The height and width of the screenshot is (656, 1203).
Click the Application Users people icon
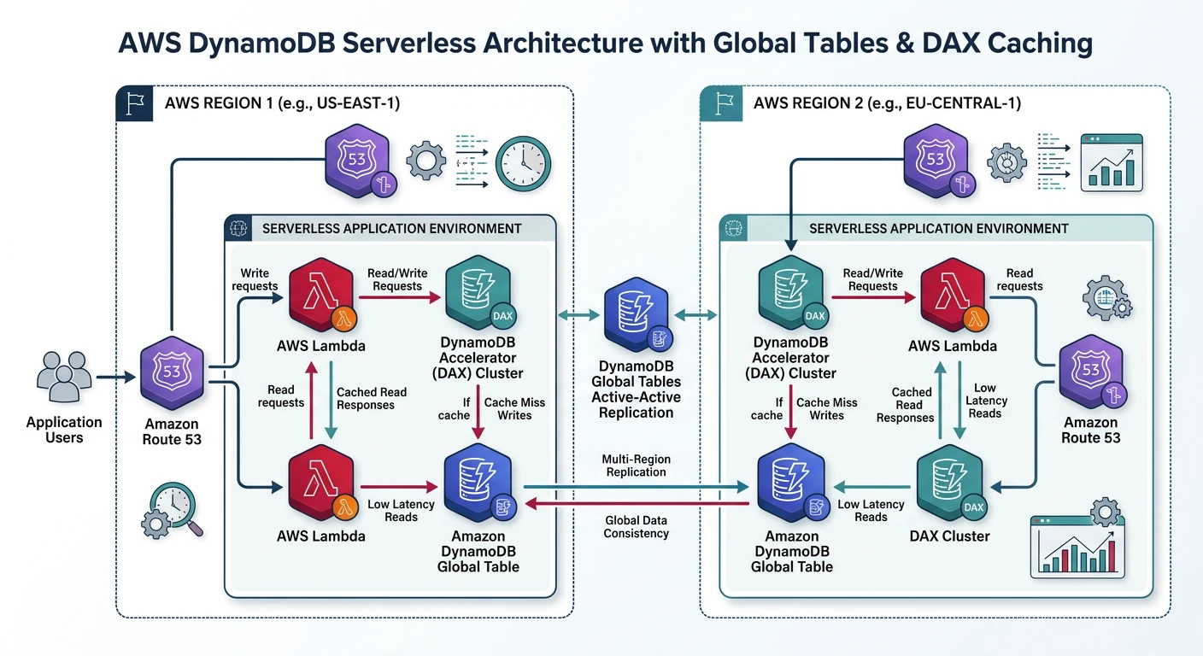click(64, 377)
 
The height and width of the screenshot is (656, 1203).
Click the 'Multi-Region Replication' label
click(634, 466)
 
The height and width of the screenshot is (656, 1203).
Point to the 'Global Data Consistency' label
click(636, 526)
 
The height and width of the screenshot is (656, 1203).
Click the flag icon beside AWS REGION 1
click(135, 103)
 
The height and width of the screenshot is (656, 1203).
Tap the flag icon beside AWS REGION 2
click(719, 103)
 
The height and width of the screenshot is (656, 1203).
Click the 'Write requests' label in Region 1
click(255, 279)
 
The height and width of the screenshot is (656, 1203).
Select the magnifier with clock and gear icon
click(172, 510)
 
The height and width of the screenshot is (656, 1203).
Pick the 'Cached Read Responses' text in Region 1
click(372, 398)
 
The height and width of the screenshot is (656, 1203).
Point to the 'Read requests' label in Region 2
click(1019, 279)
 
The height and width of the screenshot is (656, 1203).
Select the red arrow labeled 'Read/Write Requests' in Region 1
click(399, 298)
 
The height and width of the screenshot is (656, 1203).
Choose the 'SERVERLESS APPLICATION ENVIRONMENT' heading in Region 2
click(938, 228)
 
